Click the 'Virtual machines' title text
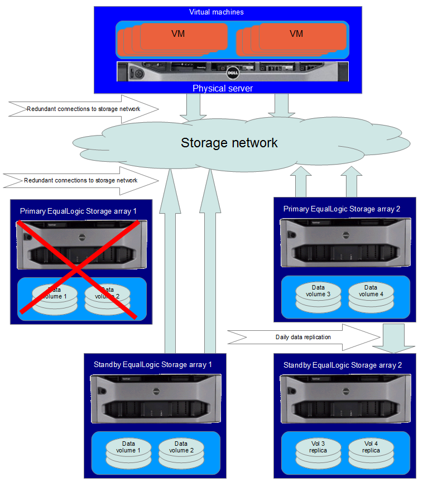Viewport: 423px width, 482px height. tap(217, 12)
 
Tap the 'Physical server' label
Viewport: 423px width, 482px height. tap(222, 88)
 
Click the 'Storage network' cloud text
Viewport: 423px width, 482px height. tap(229, 143)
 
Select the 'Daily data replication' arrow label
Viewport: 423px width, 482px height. tap(303, 337)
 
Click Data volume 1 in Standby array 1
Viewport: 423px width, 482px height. tap(129, 451)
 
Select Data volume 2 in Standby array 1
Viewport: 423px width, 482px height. tap(181, 451)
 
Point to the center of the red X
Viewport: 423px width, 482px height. tap(77, 269)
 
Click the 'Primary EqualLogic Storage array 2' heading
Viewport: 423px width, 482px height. tap(342, 209)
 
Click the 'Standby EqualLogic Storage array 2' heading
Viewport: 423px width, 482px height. tap(343, 365)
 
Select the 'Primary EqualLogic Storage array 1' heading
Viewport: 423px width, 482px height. tap(78, 211)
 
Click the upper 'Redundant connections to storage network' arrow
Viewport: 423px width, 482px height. tap(84, 109)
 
